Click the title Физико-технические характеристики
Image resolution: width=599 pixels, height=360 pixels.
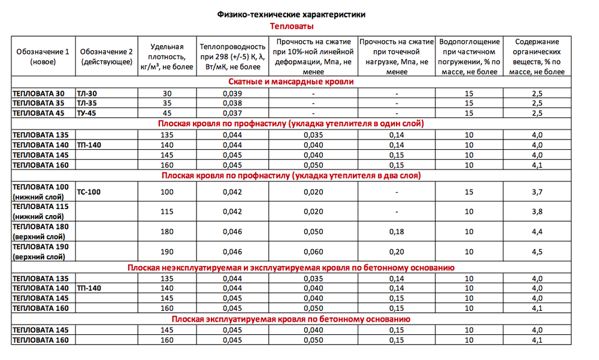coord(291,14)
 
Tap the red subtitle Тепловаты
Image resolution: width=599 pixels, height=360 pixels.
coord(292,26)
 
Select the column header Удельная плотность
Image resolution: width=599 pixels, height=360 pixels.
coord(167,56)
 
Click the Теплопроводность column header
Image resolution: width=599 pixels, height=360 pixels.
coord(232,56)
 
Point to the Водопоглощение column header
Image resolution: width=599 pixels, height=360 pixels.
coord(470,56)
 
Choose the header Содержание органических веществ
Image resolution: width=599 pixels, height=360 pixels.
coord(537,56)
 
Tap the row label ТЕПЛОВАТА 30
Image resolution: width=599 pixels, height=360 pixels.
coord(37,93)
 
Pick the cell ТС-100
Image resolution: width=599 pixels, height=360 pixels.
coord(89,192)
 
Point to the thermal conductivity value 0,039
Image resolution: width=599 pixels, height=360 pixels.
coord(232,93)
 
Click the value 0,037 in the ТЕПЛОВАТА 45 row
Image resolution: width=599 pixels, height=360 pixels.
coord(232,113)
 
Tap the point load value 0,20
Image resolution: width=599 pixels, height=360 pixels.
coord(396,251)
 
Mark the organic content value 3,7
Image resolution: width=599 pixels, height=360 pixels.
coord(537,192)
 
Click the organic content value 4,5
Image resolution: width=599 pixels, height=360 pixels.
coord(537,251)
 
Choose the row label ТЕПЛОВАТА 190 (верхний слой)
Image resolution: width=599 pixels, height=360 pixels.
coord(41,251)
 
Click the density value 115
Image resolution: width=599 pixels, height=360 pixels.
coord(167,211)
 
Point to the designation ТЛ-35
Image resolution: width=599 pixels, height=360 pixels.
coord(88,103)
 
